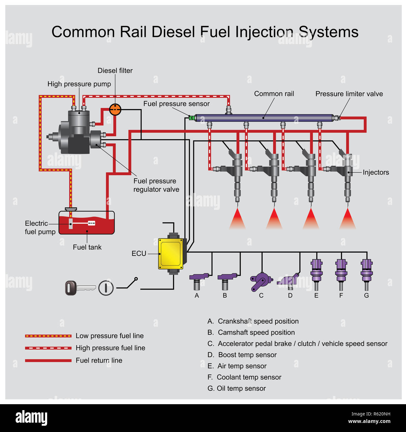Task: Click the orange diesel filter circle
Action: click(115, 109)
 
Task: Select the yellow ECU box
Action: click(171, 254)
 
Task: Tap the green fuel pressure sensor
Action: click(191, 118)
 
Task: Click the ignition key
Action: click(80, 288)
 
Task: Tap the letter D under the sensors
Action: click(290, 295)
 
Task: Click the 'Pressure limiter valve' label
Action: click(349, 94)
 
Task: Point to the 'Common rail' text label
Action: click(274, 94)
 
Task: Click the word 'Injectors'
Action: click(376, 172)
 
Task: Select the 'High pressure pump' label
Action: click(79, 84)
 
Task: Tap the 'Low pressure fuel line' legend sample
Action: click(48, 336)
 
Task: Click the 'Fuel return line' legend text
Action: click(99, 360)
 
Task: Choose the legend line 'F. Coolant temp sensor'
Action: click(244, 377)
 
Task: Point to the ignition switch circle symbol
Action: click(106, 288)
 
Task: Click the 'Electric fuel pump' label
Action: click(40, 227)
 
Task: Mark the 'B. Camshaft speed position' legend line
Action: click(251, 332)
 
